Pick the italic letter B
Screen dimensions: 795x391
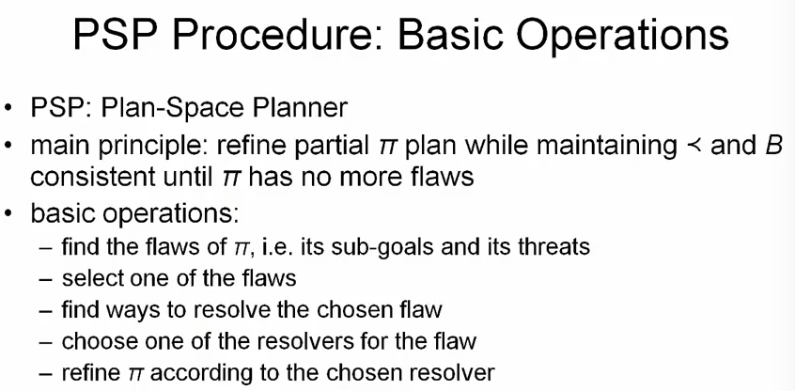pyautogui.click(x=774, y=146)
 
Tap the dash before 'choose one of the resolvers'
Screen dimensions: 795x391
pyautogui.click(x=47, y=340)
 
